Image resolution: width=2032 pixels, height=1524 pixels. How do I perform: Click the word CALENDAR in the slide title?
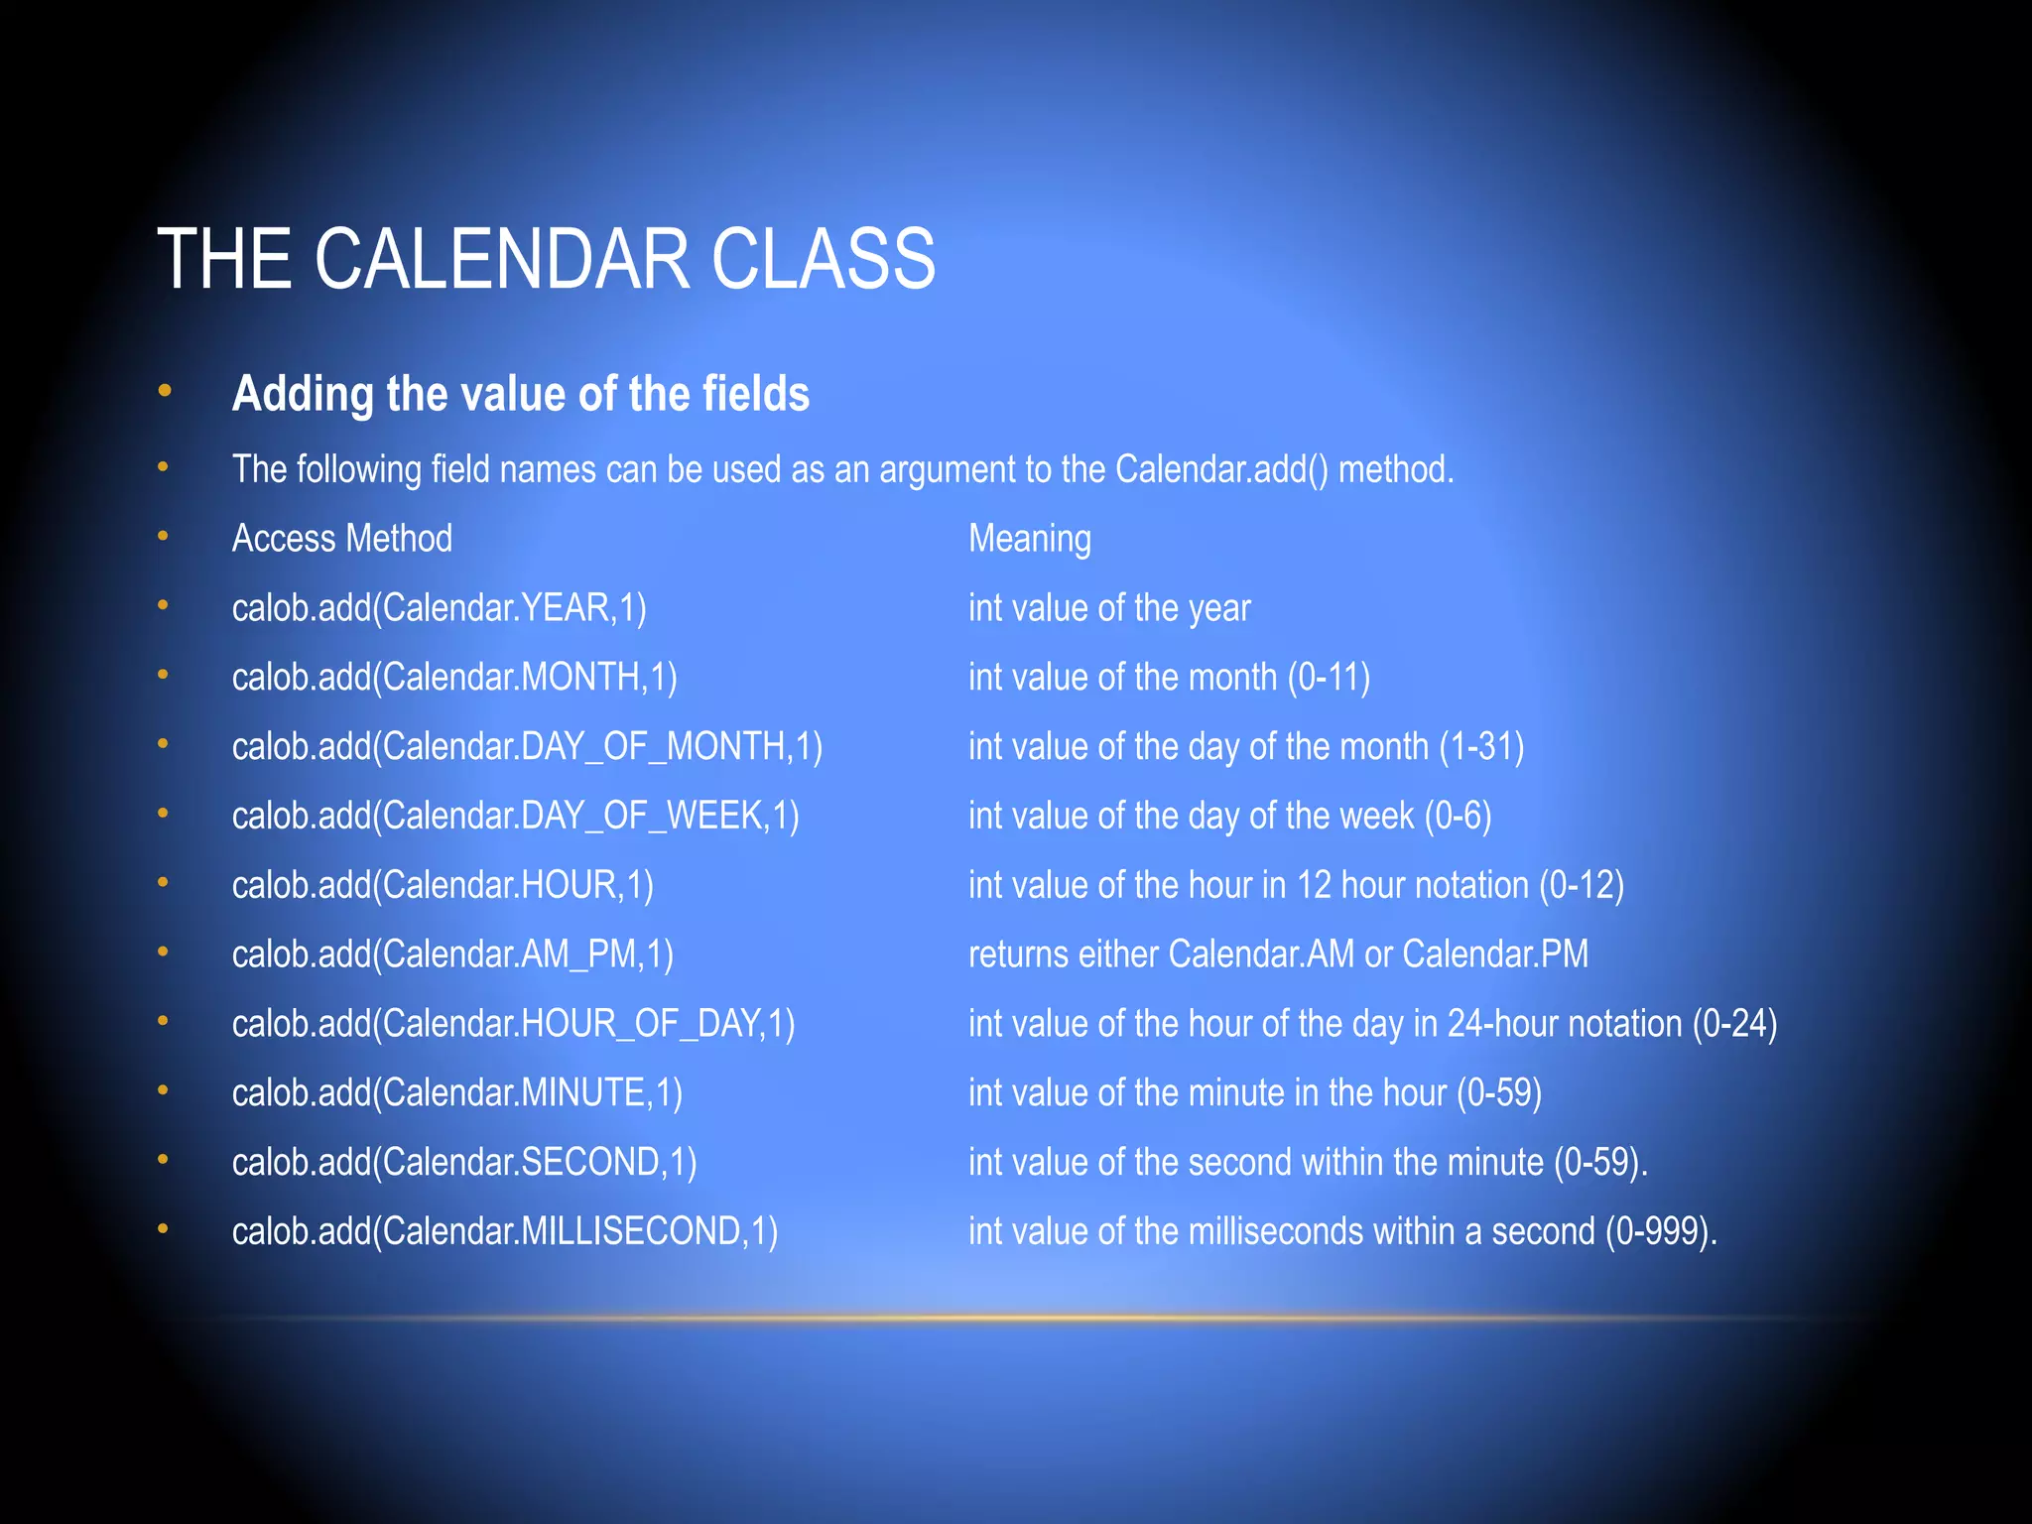[x=502, y=260]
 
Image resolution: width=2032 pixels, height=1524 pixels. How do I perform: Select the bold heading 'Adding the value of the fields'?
[x=520, y=394]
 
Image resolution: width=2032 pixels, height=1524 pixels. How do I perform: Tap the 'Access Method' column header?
[x=341, y=539]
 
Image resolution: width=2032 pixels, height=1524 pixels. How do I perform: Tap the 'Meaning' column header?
[x=1029, y=539]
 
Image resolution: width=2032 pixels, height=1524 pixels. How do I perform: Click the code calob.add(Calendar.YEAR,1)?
[x=439, y=608]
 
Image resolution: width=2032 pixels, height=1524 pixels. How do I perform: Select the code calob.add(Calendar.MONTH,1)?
[x=454, y=678]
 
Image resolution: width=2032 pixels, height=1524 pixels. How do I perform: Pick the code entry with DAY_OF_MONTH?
[x=527, y=747]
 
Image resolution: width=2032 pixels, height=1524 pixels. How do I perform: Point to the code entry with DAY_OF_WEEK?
[x=515, y=816]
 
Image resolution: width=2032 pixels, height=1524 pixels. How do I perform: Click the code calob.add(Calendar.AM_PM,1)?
[x=452, y=954]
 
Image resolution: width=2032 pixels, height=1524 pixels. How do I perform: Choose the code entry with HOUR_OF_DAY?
[x=513, y=1024]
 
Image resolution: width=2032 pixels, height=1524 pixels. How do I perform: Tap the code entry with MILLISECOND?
[x=504, y=1231]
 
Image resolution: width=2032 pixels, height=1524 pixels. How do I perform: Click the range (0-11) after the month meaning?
[x=1329, y=678]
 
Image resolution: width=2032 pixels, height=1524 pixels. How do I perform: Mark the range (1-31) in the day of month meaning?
[x=1481, y=747]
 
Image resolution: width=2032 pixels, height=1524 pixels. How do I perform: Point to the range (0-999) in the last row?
[x=1658, y=1231]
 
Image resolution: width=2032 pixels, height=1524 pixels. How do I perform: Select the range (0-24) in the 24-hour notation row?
[x=1734, y=1024]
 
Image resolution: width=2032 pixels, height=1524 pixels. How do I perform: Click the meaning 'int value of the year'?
[x=1108, y=608]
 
